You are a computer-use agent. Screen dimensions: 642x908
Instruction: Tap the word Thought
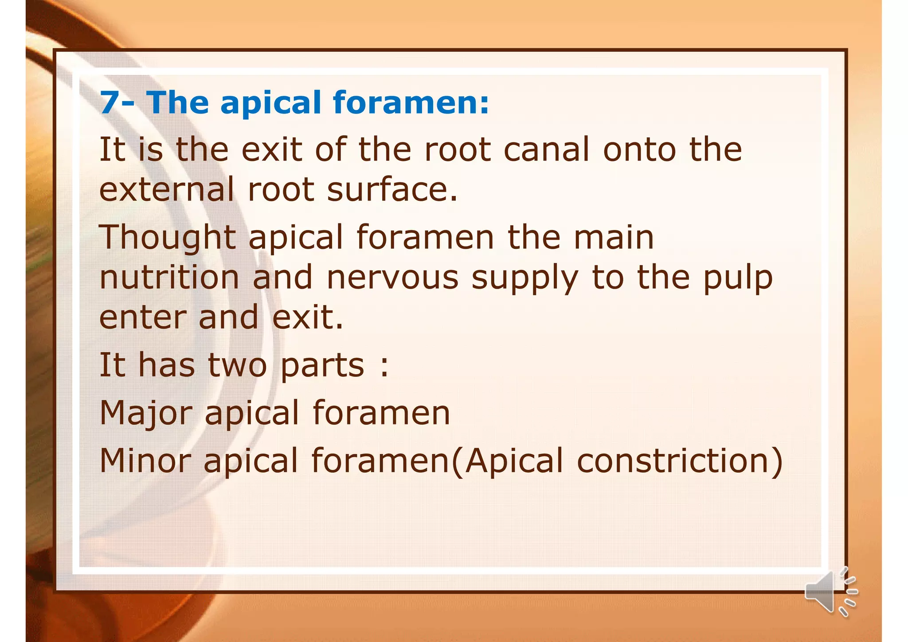(167, 238)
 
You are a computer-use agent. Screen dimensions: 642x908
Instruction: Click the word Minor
(145, 461)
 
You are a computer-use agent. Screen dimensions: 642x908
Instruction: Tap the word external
(166, 189)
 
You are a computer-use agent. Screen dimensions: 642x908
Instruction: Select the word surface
(392, 189)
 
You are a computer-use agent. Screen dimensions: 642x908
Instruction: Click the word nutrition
(169, 278)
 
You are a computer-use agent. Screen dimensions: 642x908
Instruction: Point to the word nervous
(392, 278)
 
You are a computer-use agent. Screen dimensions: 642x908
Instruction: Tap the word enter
(142, 317)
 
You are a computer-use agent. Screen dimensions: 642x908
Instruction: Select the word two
(237, 365)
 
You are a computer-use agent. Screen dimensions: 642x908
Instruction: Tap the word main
(614, 238)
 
